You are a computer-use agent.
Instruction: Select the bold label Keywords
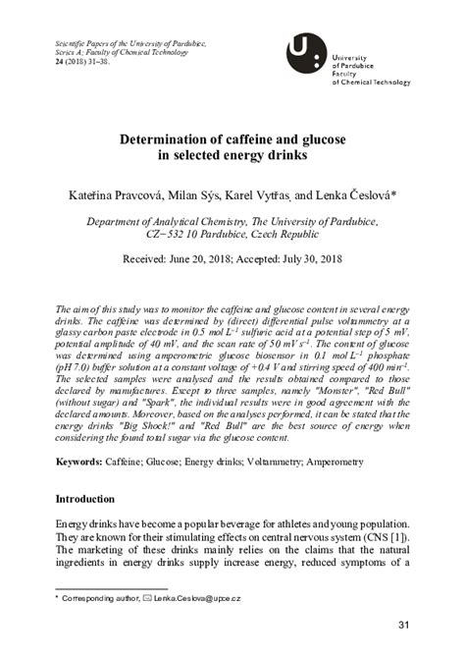(82, 461)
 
